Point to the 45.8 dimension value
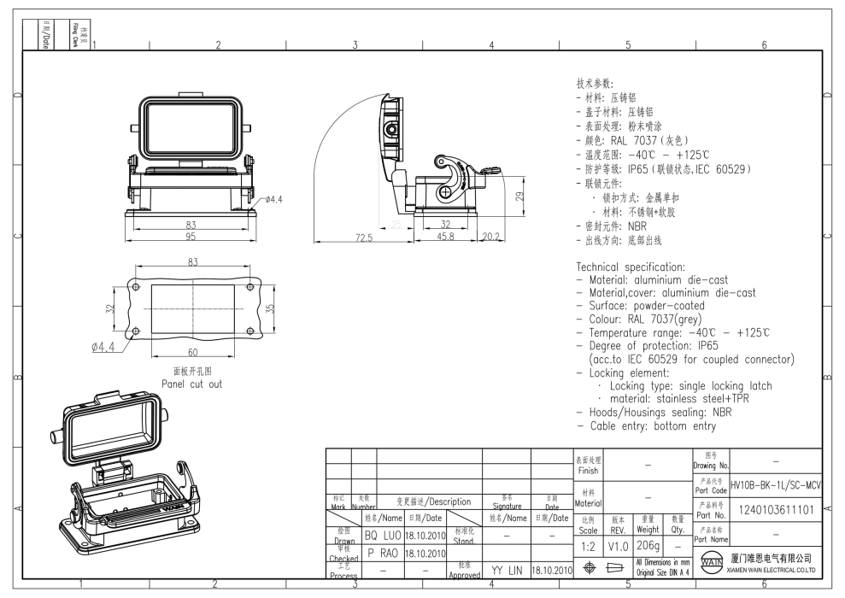pos(445,237)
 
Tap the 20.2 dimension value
pos(491,237)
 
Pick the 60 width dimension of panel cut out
pos(192,353)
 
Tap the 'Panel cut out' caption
pos(192,384)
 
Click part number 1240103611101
pos(776,509)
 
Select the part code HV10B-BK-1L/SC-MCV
pos(776,484)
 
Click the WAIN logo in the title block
pos(708,565)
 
